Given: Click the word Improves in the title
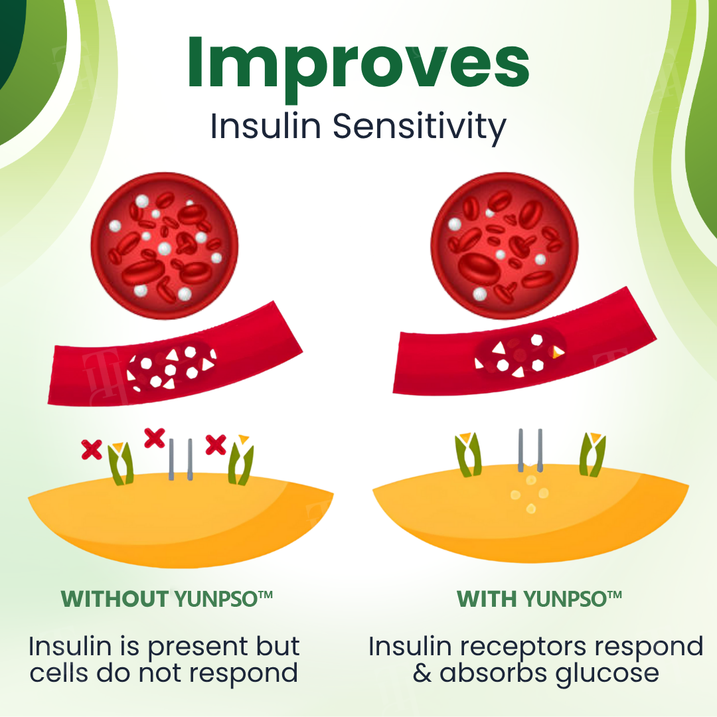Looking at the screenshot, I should point(358,63).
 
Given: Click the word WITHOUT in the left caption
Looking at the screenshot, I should point(114,599).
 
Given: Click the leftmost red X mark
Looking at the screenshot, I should point(92,449).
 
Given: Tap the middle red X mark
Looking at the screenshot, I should point(155,438).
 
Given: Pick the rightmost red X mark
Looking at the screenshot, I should point(216,444).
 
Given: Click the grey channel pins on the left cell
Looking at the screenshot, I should point(181,459).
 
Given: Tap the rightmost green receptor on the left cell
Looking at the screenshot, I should point(240,463).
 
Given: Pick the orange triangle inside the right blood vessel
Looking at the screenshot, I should point(558,351).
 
